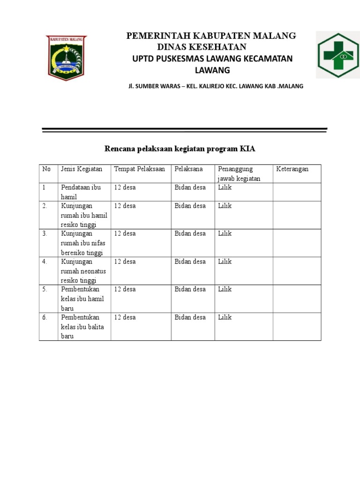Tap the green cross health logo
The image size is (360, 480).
(x=337, y=54)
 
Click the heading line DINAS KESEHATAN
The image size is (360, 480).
(x=202, y=47)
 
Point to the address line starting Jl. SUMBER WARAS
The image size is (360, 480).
(x=216, y=86)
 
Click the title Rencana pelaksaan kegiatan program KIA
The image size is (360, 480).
(x=180, y=149)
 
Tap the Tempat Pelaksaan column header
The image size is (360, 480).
(x=139, y=169)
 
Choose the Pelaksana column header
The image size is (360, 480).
(x=188, y=169)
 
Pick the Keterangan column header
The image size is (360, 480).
(x=292, y=169)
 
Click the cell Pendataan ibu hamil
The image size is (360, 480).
(x=81, y=192)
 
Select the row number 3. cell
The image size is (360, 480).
(x=45, y=234)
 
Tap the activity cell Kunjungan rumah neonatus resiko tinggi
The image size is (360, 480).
(x=83, y=271)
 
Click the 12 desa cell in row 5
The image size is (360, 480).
(x=125, y=289)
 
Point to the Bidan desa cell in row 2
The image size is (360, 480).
(x=190, y=206)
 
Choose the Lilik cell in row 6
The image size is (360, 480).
(x=225, y=317)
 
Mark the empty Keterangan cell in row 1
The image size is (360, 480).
(x=297, y=192)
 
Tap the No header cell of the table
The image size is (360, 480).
(x=46, y=169)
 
